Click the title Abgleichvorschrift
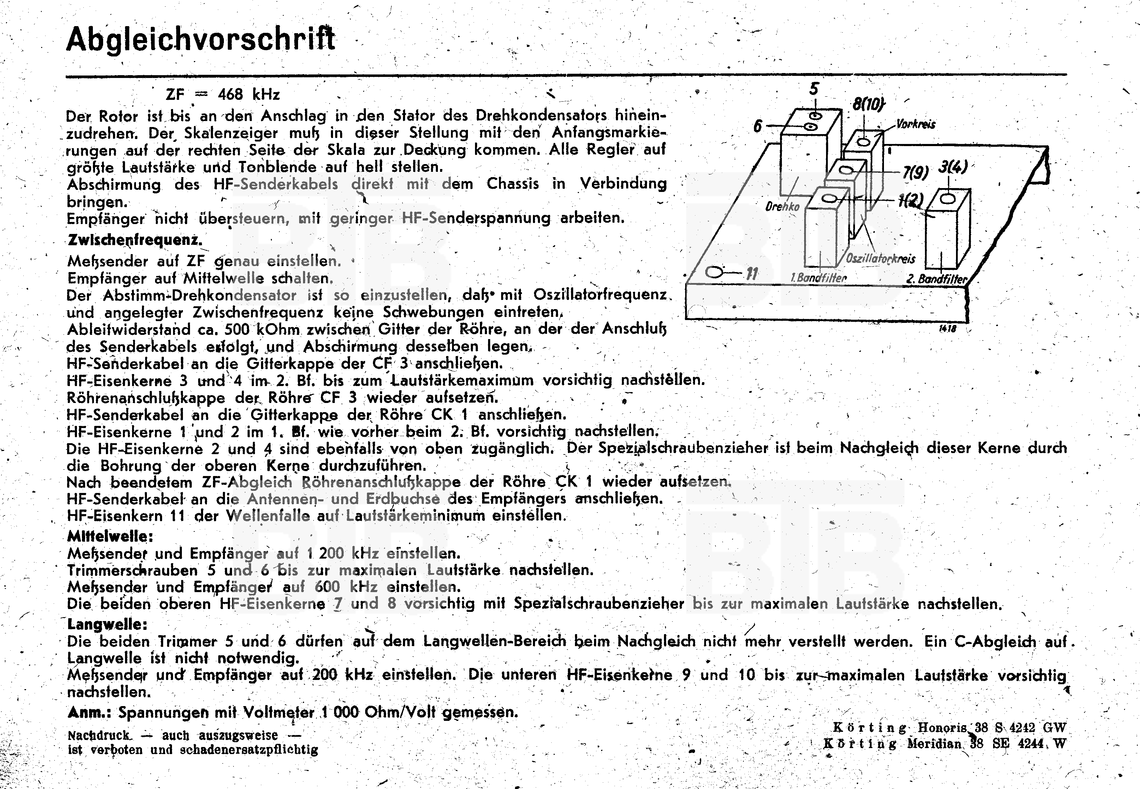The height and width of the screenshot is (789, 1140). point(200,39)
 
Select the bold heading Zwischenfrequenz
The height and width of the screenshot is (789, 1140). point(135,240)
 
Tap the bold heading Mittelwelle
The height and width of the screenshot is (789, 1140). point(110,536)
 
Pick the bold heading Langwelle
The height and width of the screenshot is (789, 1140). point(107,624)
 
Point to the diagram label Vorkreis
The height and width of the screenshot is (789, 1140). point(915,124)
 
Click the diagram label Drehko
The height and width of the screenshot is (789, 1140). point(782,206)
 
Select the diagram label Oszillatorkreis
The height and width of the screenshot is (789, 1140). point(880,259)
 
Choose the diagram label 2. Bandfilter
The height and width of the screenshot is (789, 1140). point(936,279)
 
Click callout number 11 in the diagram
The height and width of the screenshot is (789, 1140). point(752,274)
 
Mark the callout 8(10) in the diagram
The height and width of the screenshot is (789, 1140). point(868,105)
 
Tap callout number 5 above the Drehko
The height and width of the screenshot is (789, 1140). point(814,90)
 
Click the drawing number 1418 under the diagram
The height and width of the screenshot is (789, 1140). point(948,329)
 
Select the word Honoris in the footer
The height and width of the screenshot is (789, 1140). point(942,728)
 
